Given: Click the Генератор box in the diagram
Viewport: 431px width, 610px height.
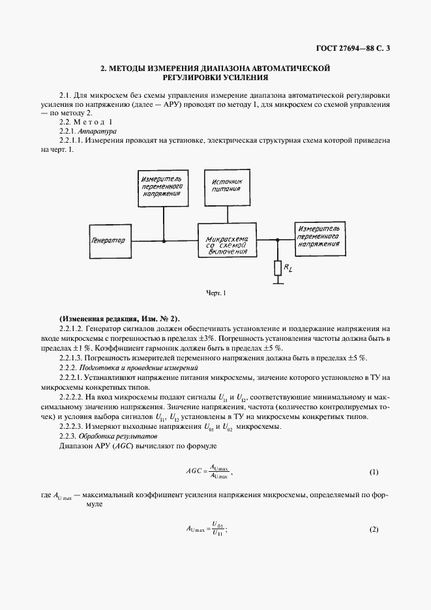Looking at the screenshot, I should (109, 240).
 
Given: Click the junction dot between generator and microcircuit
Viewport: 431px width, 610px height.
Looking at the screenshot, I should (163, 240).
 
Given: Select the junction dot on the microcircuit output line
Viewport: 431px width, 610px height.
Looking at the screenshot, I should (278, 240).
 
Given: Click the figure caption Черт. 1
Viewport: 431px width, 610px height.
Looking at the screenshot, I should (215, 294).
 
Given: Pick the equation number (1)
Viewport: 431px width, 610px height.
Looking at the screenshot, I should (374, 471).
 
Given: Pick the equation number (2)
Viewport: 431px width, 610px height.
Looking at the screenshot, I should (374, 529).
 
